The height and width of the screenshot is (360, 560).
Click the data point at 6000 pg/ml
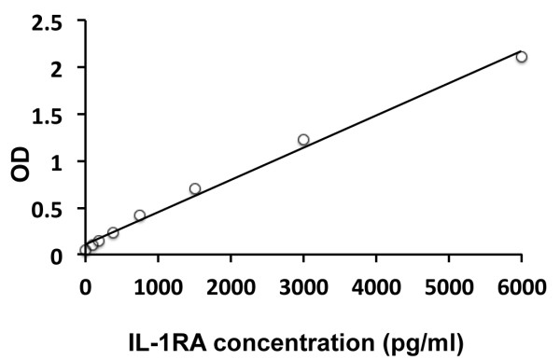pos(522,57)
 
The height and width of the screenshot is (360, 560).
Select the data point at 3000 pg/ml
pos(303,140)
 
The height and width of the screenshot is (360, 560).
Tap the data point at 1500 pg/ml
pos(195,188)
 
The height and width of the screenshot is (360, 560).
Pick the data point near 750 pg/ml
pos(140,215)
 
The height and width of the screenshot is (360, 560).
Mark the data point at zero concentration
pos(86,250)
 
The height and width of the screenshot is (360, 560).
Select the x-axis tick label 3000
pos(303,277)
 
